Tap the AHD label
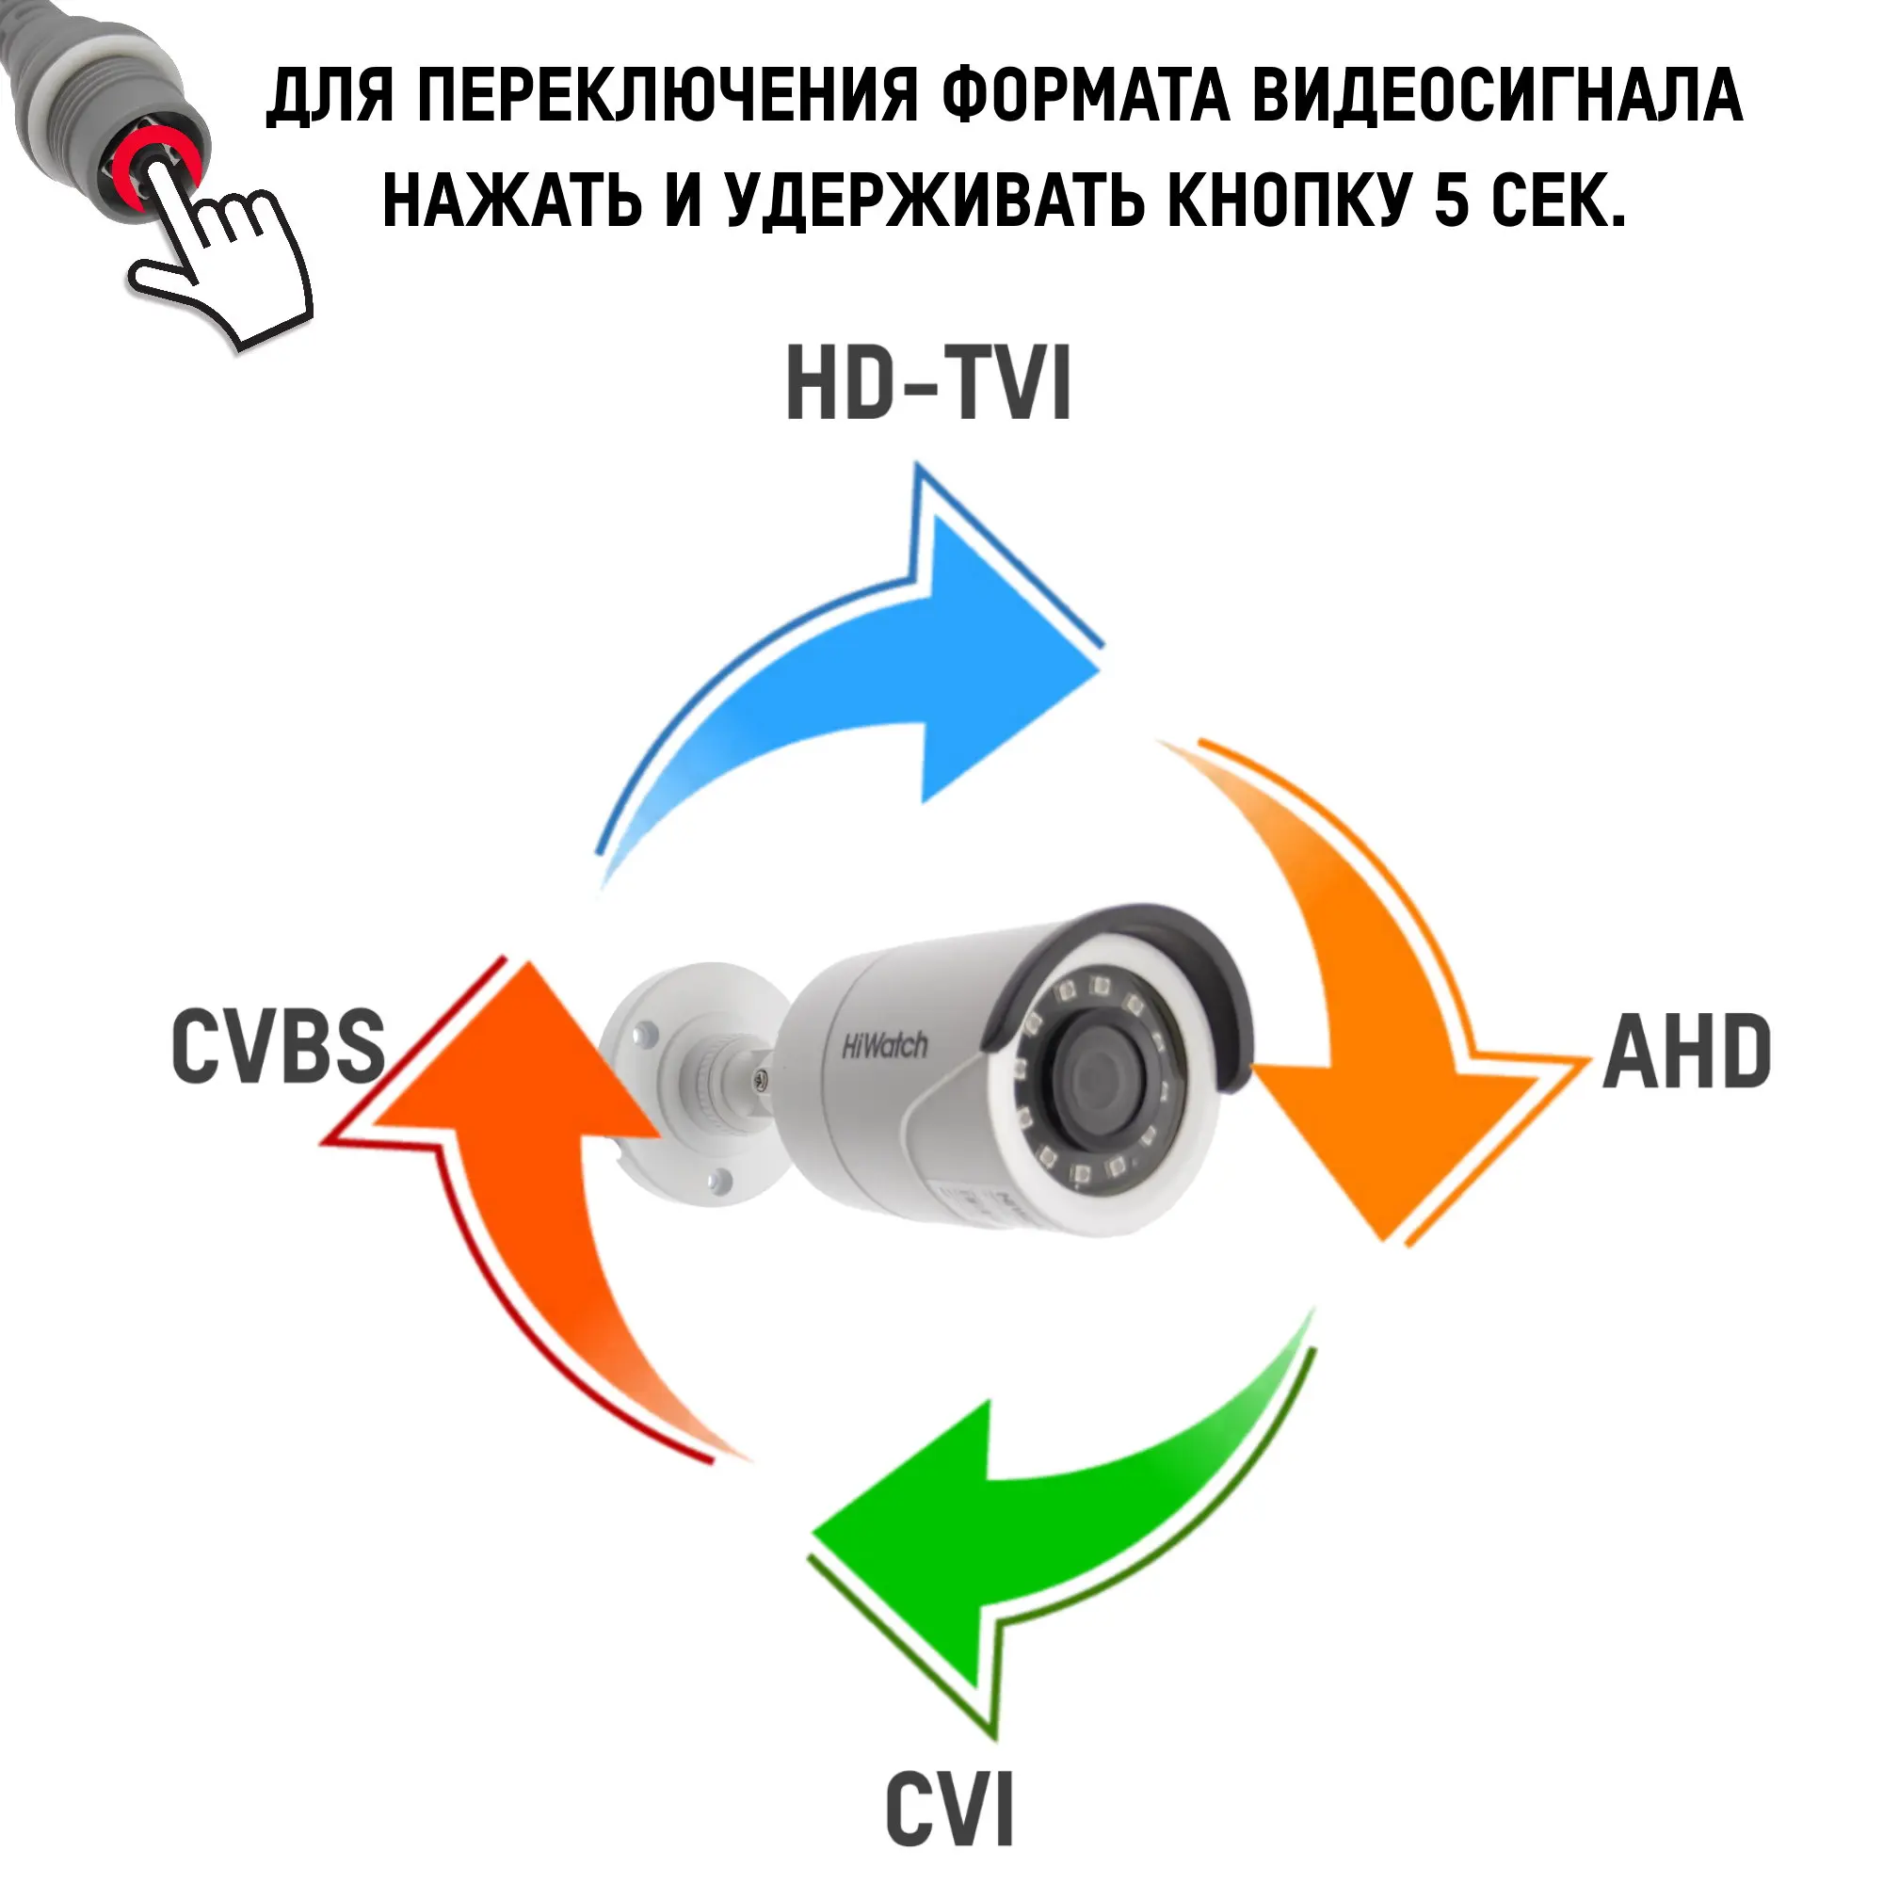1686,1053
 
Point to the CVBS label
279,1047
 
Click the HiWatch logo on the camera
884,1047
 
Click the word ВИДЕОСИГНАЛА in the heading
1496,99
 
